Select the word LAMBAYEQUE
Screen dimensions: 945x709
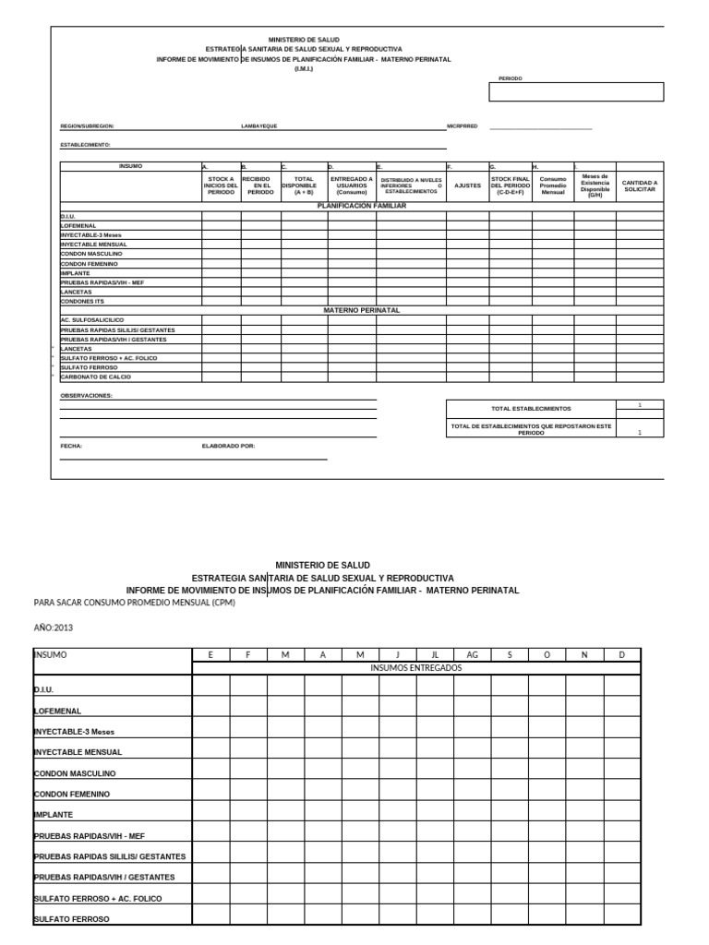[258, 126]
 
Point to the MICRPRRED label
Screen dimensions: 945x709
[463, 126]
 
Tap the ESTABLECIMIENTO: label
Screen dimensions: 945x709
[86, 145]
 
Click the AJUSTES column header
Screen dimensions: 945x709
[468, 185]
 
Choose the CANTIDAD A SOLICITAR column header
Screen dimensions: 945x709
[640, 185]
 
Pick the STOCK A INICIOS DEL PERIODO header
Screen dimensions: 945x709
[222, 185]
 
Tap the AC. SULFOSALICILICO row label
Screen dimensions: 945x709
[91, 319]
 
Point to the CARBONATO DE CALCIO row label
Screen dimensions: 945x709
[96, 377]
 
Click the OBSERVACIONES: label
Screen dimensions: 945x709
[87, 395]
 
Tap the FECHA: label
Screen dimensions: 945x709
[71, 446]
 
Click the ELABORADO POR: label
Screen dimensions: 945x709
[228, 446]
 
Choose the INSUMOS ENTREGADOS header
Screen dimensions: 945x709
[415, 667]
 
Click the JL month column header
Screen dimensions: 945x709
[435, 654]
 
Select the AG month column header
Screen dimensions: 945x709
[472, 654]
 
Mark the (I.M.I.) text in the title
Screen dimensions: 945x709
[304, 69]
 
